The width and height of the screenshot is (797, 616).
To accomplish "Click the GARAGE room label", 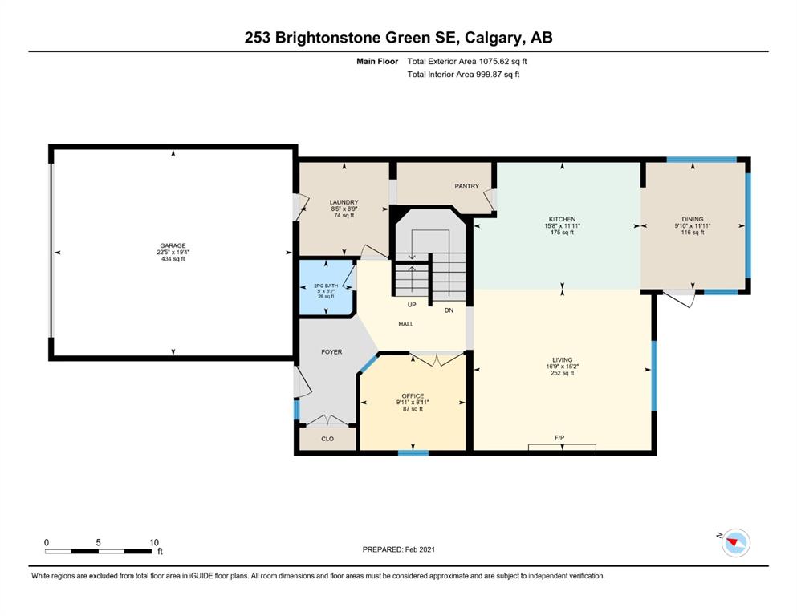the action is [x=173, y=245].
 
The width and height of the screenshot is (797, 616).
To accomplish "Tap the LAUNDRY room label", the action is [x=344, y=202].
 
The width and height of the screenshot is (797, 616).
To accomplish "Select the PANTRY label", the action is [x=466, y=186].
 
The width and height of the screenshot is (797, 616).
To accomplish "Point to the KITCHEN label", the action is [x=562, y=220].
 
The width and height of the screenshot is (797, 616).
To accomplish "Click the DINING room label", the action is [x=693, y=220].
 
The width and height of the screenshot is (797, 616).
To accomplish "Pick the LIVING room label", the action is [x=562, y=360].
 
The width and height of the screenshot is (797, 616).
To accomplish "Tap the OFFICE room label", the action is [x=413, y=396].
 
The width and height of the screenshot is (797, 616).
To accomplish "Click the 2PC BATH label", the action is [x=326, y=286].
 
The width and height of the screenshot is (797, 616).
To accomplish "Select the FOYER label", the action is [x=331, y=352].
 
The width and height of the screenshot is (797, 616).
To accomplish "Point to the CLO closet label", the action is [x=327, y=439].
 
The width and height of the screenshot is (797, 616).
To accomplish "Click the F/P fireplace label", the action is [x=559, y=438].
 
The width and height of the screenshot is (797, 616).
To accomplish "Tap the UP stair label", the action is [x=412, y=306].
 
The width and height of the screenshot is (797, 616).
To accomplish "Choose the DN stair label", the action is [x=449, y=310].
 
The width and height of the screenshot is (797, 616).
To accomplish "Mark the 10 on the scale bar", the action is [x=154, y=542].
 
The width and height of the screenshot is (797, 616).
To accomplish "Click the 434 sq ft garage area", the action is [x=173, y=259].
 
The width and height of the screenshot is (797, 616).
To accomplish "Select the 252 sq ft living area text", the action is [x=562, y=373].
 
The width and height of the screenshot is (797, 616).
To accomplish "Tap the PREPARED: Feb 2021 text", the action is [x=398, y=549].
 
